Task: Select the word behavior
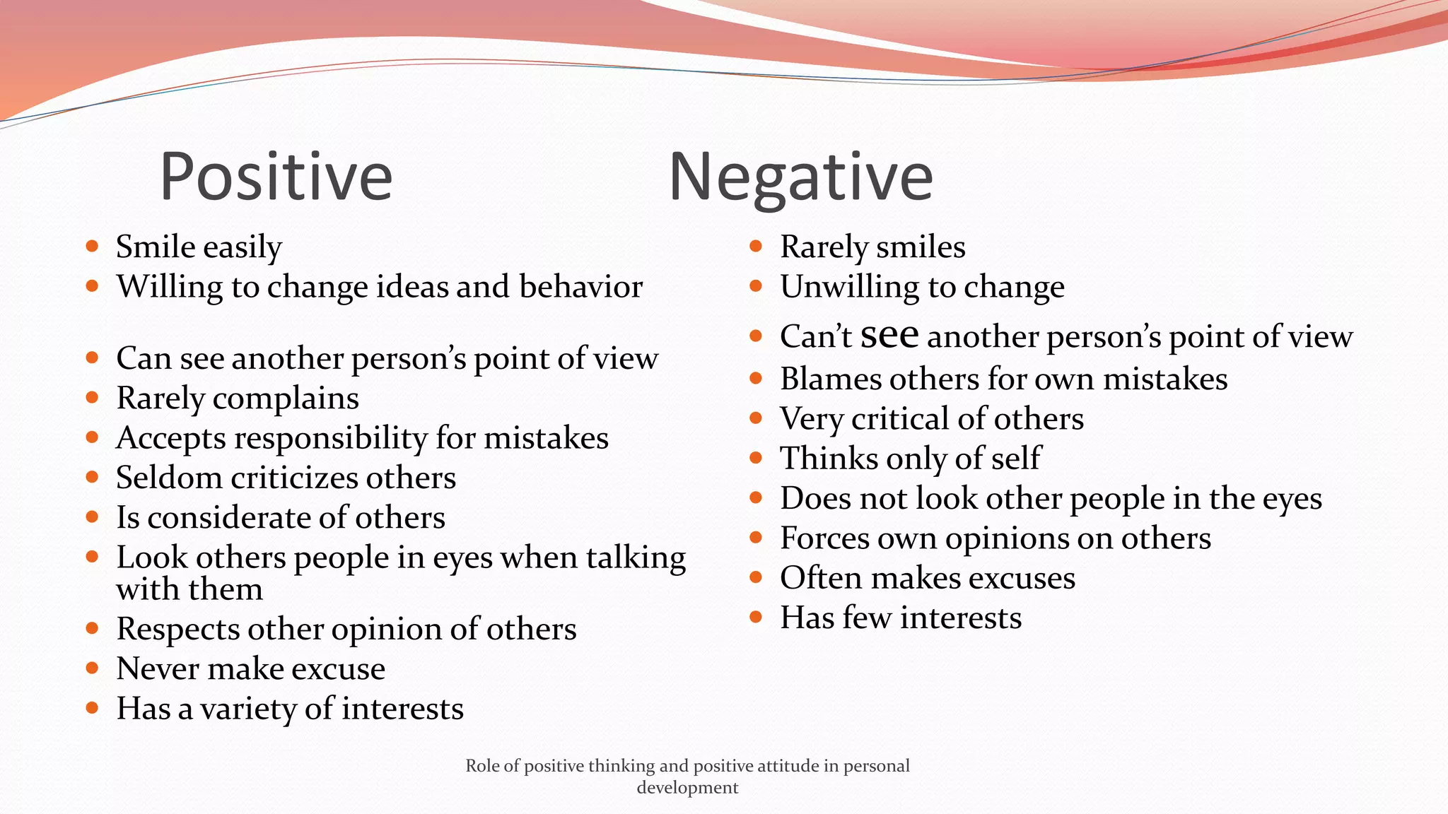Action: click(x=580, y=287)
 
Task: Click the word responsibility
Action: click(x=331, y=439)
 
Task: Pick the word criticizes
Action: click(x=294, y=478)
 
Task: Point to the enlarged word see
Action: click(x=889, y=335)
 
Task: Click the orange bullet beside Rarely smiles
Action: click(x=756, y=247)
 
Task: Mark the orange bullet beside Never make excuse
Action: click(x=92, y=668)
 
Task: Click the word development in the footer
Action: click(x=687, y=788)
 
